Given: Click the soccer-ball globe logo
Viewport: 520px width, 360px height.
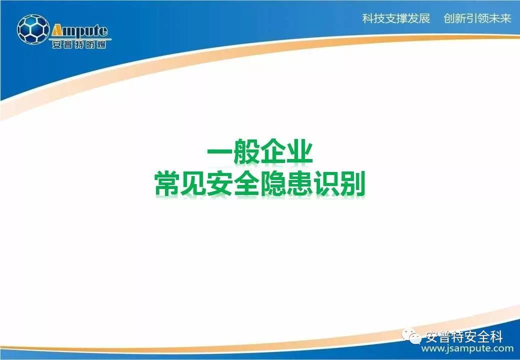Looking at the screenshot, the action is pyautogui.click(x=33, y=29).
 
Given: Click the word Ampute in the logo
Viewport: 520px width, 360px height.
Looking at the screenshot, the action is pyautogui.click(x=79, y=31).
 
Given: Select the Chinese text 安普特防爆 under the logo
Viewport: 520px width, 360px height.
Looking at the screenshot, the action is pyautogui.click(x=79, y=44).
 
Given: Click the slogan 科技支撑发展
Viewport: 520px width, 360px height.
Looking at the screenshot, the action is pyautogui.click(x=396, y=18).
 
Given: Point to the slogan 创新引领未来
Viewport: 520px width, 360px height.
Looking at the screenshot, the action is pyautogui.click(x=477, y=18).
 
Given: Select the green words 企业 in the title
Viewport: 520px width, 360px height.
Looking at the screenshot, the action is pyautogui.click(x=286, y=153).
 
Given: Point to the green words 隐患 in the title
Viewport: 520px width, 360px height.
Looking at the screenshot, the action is pyautogui.click(x=286, y=183).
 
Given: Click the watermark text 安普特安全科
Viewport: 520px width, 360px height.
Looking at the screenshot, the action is pyautogui.click(x=464, y=337).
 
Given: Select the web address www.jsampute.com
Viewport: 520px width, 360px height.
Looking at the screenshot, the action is pyautogui.click(x=467, y=348).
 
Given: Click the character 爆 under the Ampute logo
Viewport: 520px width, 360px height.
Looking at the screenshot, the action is pyautogui.click(x=101, y=44).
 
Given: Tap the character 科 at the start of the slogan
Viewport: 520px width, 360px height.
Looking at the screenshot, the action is pyautogui.click(x=368, y=18).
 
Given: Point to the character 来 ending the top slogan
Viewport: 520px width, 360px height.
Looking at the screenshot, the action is pyautogui.click(x=505, y=18).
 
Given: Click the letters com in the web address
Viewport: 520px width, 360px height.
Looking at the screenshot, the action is pyautogui.click(x=503, y=349).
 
